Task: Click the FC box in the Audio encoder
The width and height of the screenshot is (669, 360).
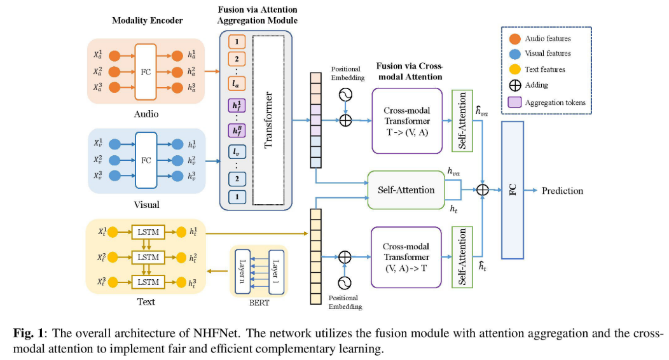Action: [x=146, y=71]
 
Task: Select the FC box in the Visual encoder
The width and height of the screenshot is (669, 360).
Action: [x=146, y=160]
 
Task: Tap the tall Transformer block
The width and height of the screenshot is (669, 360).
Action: [x=268, y=120]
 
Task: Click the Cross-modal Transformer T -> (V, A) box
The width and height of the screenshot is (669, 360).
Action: [x=407, y=121]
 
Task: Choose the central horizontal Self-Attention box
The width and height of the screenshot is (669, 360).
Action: [x=406, y=190]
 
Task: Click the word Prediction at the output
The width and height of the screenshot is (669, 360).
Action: [x=562, y=190]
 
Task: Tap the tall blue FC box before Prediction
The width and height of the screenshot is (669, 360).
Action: [x=512, y=190]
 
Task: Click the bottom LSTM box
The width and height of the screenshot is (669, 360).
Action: [x=148, y=282]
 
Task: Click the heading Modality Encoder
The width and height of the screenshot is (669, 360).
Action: [x=147, y=20]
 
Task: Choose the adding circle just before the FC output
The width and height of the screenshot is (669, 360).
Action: [x=483, y=190]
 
